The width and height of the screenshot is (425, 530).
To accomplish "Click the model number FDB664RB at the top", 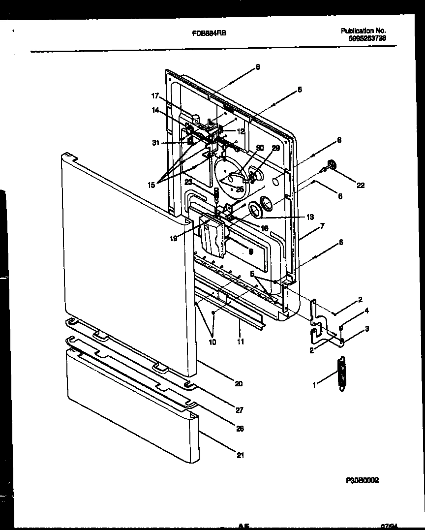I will coord(209,33).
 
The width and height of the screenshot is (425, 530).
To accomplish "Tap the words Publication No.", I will coord(364,31).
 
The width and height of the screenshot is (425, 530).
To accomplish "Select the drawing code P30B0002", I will coord(363,479).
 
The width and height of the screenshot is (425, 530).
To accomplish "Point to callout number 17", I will coord(155,96).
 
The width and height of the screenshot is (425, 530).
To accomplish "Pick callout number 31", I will coord(156,143).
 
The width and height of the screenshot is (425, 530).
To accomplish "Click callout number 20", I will coord(239,384).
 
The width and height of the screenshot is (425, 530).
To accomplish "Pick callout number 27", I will coord(239,409).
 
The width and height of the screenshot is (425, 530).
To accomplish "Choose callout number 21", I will coord(240,455).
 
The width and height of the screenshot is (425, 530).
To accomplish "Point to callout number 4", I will coord(366,311).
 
